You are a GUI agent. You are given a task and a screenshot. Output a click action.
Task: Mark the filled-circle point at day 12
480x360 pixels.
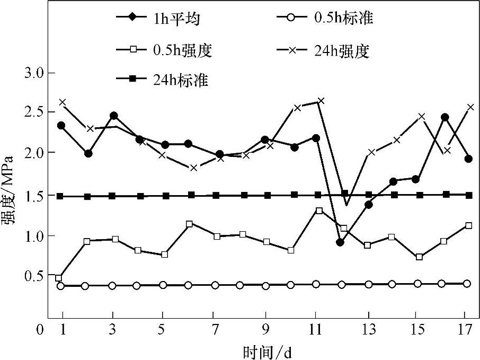(340, 242)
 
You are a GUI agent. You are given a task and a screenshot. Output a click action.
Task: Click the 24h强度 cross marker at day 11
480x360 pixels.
(321, 101)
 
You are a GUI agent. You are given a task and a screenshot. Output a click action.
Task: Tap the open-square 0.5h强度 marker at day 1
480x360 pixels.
(59, 278)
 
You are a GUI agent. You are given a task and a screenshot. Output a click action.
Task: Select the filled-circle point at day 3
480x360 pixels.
(113, 116)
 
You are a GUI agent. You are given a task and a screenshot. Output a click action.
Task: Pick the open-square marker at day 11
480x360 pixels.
(319, 210)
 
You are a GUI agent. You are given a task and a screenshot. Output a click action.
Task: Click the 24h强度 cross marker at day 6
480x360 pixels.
(194, 168)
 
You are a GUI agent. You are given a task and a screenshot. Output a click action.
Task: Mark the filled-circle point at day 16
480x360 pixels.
(445, 117)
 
